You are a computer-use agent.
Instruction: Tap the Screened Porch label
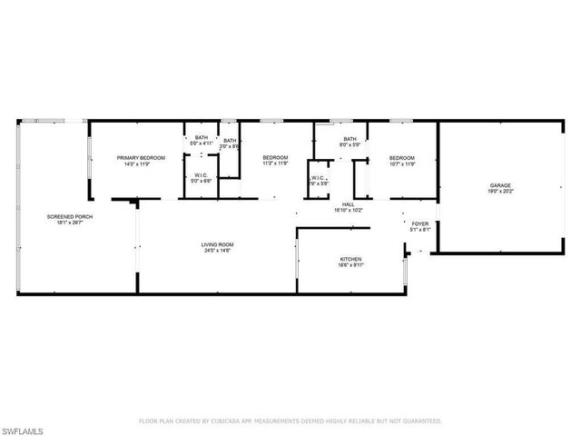coord(70,216)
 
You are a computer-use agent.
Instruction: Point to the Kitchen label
coord(350,259)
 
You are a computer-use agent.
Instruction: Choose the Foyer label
coord(420,223)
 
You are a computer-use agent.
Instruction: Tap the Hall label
coord(347,204)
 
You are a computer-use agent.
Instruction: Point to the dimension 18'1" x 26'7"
coord(70,223)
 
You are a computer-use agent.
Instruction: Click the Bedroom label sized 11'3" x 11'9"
coord(274,158)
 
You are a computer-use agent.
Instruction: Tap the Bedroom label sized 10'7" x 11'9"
coord(401,158)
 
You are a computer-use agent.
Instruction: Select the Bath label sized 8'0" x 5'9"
coord(350,138)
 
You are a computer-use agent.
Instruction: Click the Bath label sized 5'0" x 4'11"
coord(201,138)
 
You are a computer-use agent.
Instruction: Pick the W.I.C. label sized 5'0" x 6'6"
coord(201,176)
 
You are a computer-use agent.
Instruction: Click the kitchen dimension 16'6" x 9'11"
coord(350,265)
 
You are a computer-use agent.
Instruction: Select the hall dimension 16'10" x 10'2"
coord(347,211)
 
